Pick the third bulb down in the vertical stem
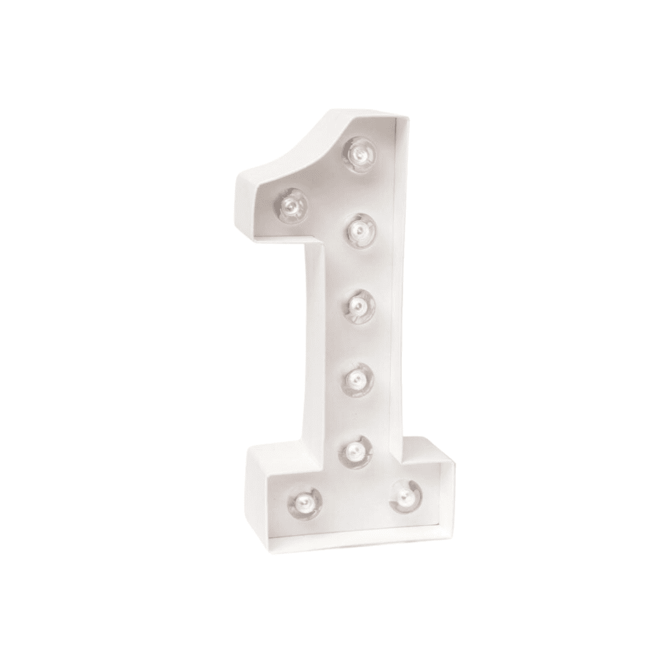(358, 305)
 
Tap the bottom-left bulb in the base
(304, 503)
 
